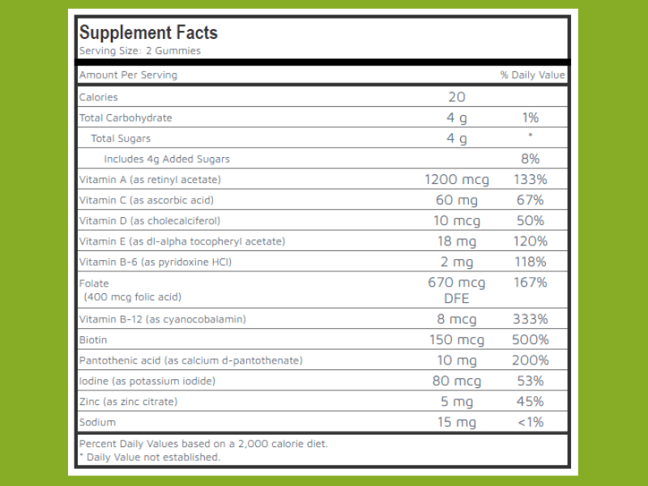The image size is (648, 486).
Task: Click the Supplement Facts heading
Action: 148,33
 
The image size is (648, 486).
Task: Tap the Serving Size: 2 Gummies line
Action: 139,51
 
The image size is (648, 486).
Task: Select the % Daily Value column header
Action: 532,75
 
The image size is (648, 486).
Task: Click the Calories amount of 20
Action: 457,97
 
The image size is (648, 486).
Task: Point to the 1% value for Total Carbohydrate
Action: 531,117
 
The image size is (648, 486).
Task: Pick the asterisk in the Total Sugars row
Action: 531,137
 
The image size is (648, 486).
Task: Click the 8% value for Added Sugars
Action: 531,159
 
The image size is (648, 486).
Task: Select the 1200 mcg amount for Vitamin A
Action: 457,179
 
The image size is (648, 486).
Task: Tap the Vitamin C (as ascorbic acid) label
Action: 147,200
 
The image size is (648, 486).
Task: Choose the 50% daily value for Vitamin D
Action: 531,220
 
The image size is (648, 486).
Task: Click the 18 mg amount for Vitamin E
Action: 457,241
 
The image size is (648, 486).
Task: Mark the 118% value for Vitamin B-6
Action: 531,262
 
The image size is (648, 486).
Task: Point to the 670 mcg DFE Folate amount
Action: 457,290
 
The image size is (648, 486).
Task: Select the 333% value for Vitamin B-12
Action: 531,319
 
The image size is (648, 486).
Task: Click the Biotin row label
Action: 93,340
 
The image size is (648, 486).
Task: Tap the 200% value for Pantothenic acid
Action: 531,360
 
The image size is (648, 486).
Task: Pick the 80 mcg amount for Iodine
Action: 457,381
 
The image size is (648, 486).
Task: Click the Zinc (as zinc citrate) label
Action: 128,402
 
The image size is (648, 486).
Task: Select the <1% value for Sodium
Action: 531,422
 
